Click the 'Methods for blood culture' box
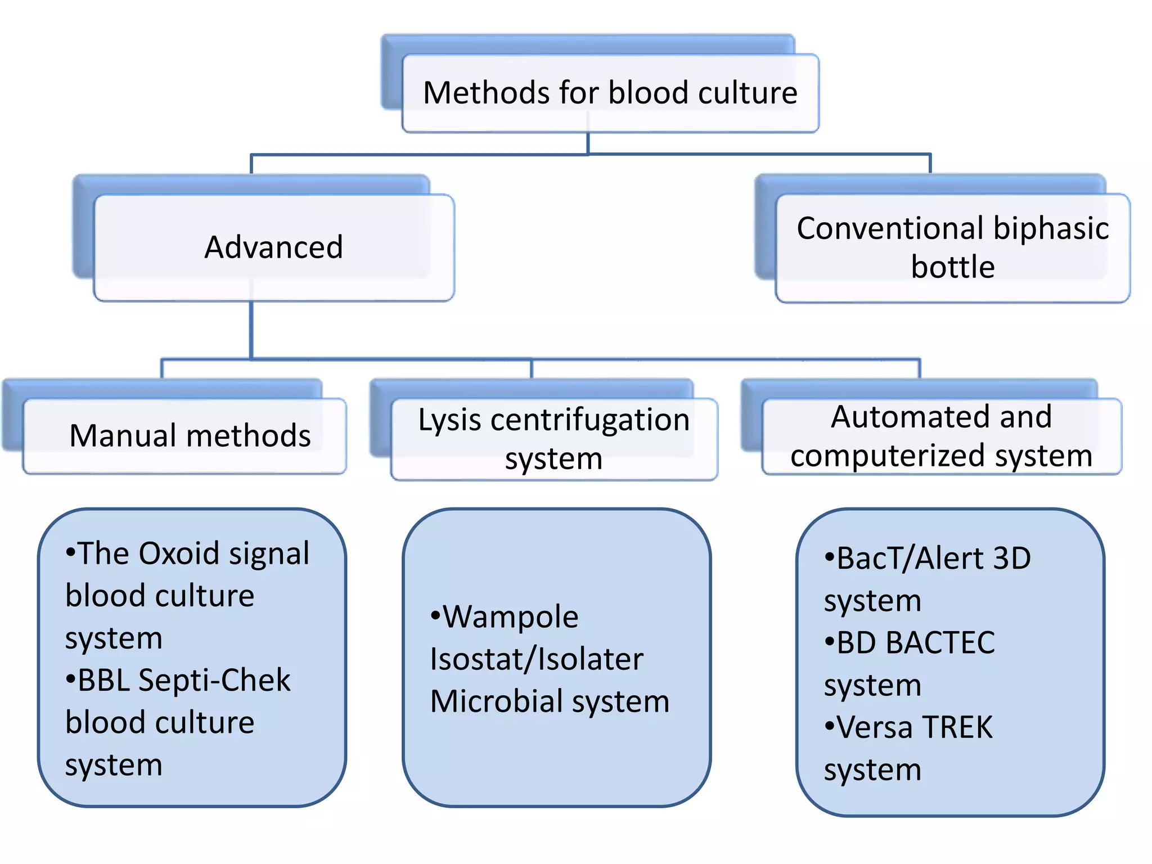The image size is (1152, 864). [x=610, y=93]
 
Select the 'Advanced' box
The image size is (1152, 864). [x=274, y=247]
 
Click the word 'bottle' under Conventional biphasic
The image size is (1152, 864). [x=952, y=267]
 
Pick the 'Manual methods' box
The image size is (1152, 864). [x=190, y=436]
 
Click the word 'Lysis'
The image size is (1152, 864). [x=449, y=421]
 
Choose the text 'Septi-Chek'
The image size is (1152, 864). [x=214, y=680]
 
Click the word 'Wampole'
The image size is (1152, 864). [x=510, y=617]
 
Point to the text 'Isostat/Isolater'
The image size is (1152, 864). [x=536, y=659]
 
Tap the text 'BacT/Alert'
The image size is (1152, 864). [x=910, y=559]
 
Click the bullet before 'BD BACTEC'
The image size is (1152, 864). [x=829, y=641]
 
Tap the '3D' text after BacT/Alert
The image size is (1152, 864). [x=1012, y=559]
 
